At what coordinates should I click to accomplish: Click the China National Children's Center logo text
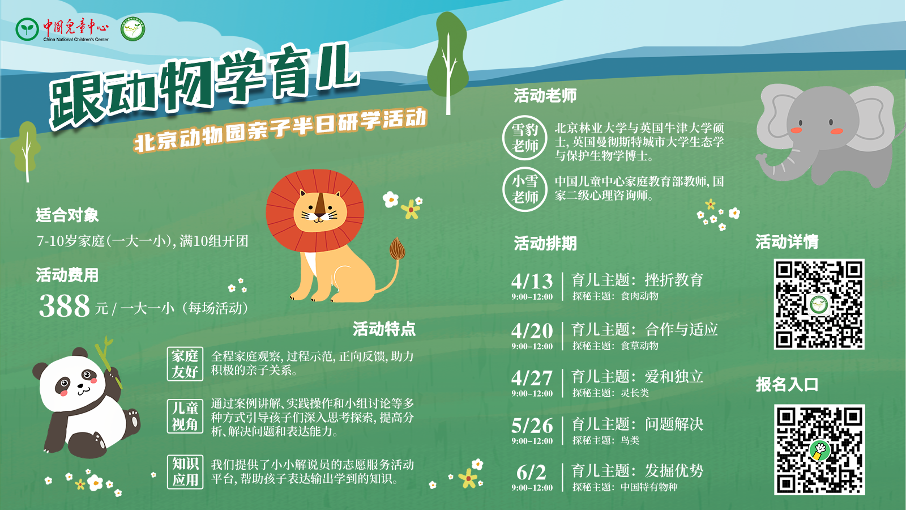tap(76, 29)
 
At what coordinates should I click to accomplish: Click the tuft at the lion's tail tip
tap(397, 249)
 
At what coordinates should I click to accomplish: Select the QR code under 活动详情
tap(819, 304)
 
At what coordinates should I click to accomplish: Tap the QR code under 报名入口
tap(819, 449)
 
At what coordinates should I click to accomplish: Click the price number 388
tap(65, 305)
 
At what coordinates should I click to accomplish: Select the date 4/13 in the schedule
tap(532, 281)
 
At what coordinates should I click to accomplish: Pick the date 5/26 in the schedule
tap(532, 426)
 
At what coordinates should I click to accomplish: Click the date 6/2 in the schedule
tap(532, 473)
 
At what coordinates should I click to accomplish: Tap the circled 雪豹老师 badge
tap(525, 138)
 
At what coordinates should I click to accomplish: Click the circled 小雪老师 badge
tap(525, 189)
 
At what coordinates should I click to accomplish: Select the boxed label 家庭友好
tap(185, 364)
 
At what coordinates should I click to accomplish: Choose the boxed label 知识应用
tap(185, 472)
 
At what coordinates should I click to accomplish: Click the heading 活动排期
tap(545, 244)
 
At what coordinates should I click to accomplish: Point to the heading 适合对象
tap(67, 215)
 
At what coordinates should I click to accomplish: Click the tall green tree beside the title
tap(448, 61)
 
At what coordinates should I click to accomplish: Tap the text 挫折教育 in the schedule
tap(674, 280)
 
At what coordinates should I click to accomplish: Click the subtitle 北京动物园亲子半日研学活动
tap(280, 130)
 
